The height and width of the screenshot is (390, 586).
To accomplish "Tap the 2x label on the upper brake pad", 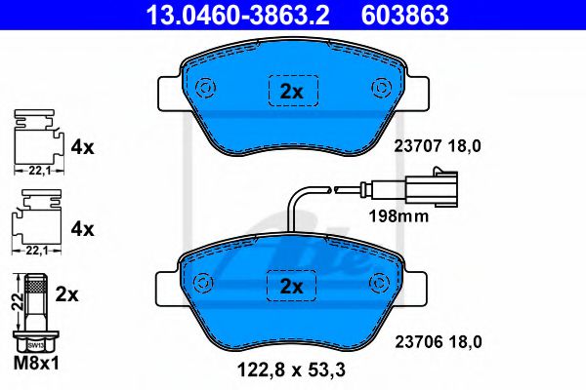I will (291, 91).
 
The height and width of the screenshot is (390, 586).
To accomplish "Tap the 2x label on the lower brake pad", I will (291, 286).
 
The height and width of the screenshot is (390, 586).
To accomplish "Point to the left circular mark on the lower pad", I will (204, 283).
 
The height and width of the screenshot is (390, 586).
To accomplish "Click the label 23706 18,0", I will (439, 341).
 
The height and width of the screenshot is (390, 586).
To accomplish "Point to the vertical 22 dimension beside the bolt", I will (16, 302).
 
